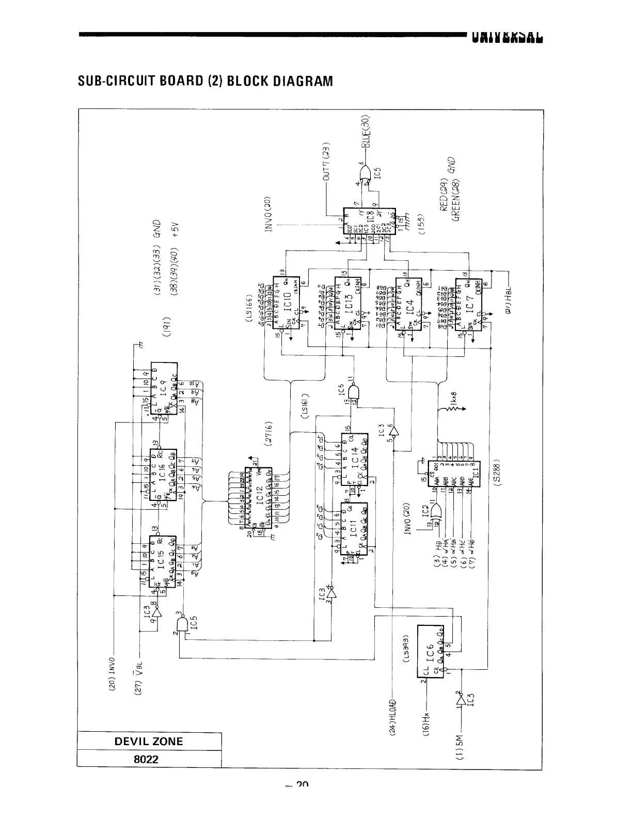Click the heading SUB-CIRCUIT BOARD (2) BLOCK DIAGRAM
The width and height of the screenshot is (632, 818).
tap(205, 81)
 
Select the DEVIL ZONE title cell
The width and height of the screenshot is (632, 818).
tap(149, 741)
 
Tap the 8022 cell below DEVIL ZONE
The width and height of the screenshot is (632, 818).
tap(149, 759)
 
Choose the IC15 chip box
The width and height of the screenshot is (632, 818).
tap(164, 562)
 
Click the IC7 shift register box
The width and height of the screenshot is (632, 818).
tap(468, 305)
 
